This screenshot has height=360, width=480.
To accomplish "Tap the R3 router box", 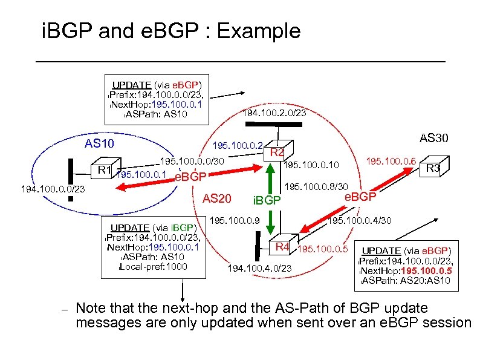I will pos(432,168).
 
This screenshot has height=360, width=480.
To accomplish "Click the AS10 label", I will pos(100,145).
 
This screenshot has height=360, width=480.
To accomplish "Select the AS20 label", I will pos(216,198).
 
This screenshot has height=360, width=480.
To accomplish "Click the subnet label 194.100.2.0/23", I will pos(274,113).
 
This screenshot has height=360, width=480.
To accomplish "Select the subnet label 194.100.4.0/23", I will pos(259,268).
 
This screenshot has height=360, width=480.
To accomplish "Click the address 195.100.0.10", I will pos(311,165).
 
